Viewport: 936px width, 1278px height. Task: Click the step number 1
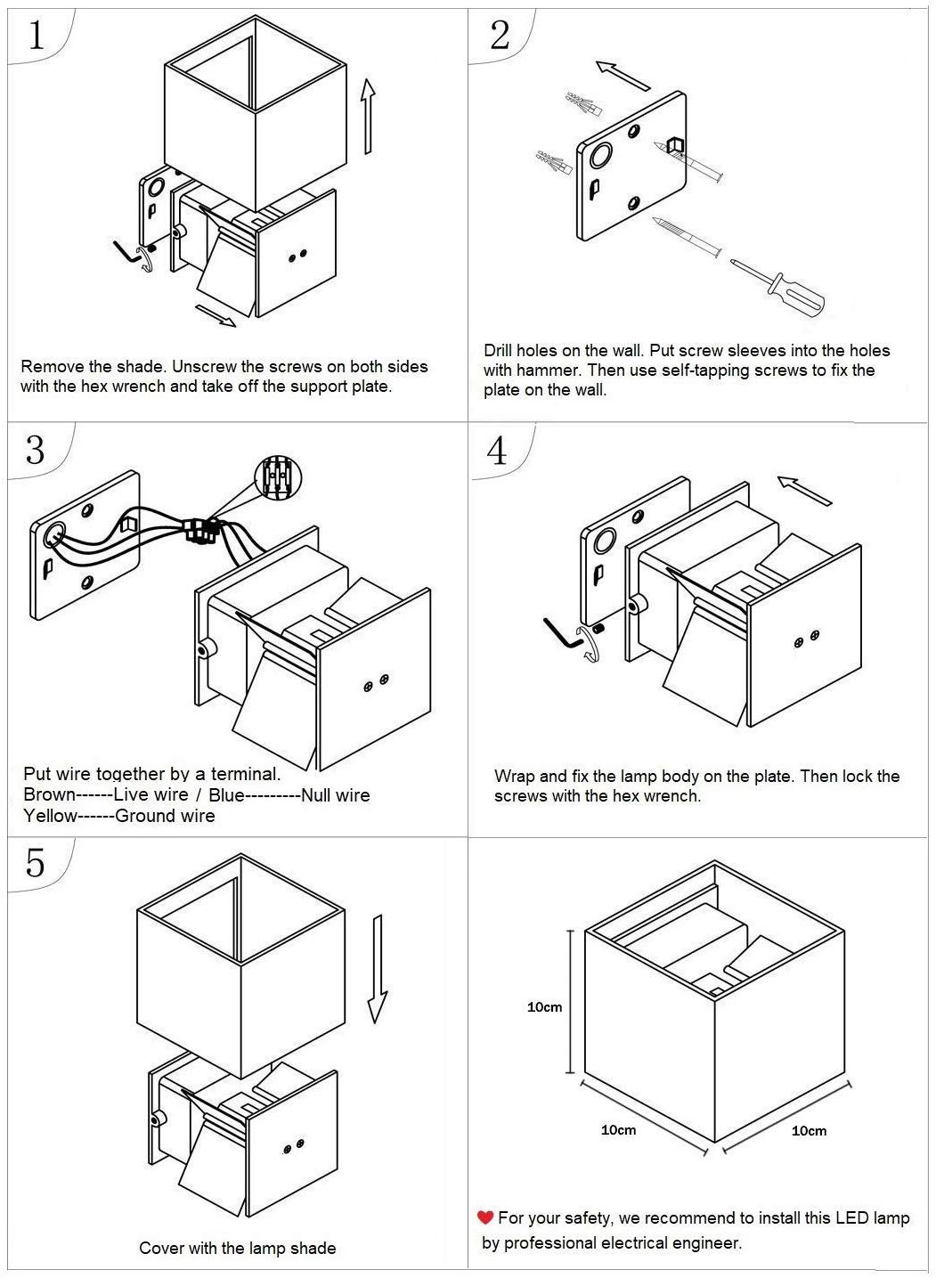pos(37,36)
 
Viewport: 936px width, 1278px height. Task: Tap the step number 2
pos(499,35)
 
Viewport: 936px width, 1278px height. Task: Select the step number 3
pos(35,450)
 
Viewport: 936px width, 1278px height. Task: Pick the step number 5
pos(35,863)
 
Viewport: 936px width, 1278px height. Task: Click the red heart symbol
pos(485,1217)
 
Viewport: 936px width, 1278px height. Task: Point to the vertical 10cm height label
pos(544,1007)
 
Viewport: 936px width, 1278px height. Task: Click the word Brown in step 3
pos(48,795)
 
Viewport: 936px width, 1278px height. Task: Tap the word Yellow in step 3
pos(50,816)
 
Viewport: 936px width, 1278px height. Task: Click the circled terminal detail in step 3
pos(278,479)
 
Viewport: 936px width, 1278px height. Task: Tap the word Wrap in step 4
pos(514,776)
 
